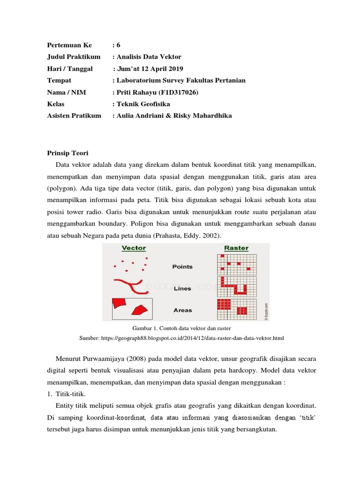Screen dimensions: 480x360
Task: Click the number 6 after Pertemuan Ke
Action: [118, 45]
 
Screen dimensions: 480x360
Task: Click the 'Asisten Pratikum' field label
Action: [74, 116]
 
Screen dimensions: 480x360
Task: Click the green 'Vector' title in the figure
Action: [134, 248]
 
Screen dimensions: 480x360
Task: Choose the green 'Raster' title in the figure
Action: [236, 248]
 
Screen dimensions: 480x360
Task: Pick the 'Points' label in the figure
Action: [182, 267]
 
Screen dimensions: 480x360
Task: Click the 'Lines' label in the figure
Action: [182, 289]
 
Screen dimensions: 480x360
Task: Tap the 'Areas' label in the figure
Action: [182, 310]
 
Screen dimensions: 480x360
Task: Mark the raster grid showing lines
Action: [237, 286]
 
